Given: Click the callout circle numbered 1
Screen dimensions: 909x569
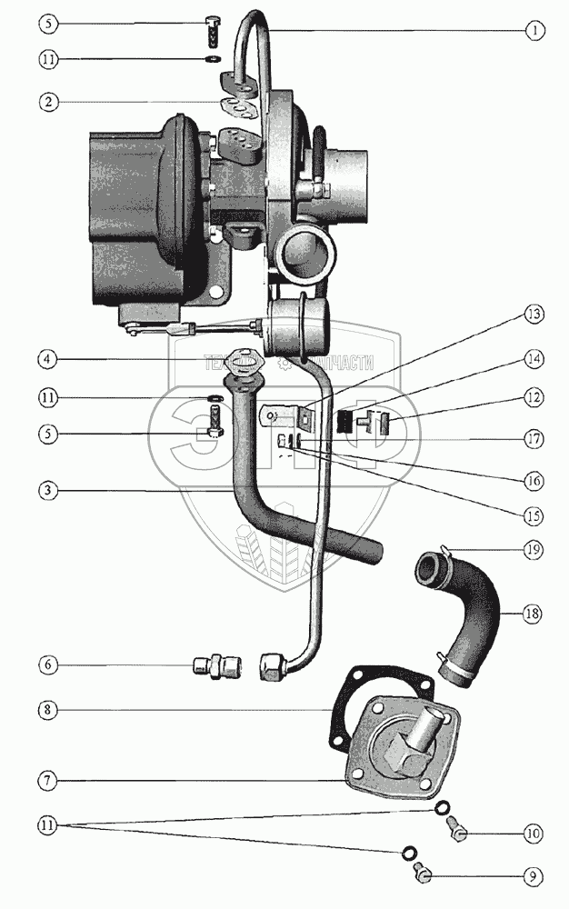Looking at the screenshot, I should (536, 30).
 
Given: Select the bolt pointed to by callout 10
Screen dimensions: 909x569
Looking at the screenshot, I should (459, 827).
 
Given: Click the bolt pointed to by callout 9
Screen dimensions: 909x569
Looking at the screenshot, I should (423, 874).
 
